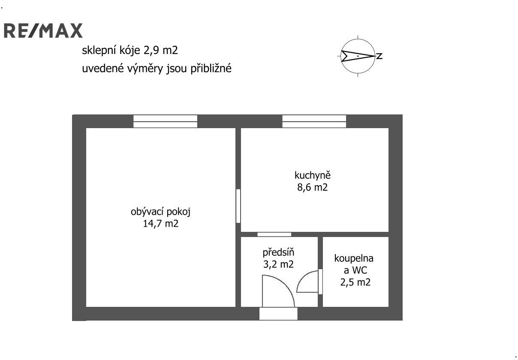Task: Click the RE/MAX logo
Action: pos(43,30)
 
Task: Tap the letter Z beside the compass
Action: pos(379,56)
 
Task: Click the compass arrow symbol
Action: pos(358,56)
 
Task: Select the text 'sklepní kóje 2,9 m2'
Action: pos(130,51)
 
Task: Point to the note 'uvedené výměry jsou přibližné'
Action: pos(157,69)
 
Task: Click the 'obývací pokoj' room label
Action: pos(160,212)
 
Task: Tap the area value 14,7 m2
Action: pos(160,224)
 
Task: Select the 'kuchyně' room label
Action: pos(313,176)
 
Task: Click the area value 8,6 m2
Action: pos(313,187)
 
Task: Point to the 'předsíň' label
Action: pos(278,252)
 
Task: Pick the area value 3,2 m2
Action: pos(278,264)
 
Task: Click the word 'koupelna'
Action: pos(354,258)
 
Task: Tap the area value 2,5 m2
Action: pos(355,282)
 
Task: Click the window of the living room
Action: pos(166,122)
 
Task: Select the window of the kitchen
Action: pos(314,122)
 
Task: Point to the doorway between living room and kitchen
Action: pos(238,206)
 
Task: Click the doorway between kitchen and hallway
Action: pos(274,234)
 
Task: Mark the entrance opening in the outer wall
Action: pos(278,314)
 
